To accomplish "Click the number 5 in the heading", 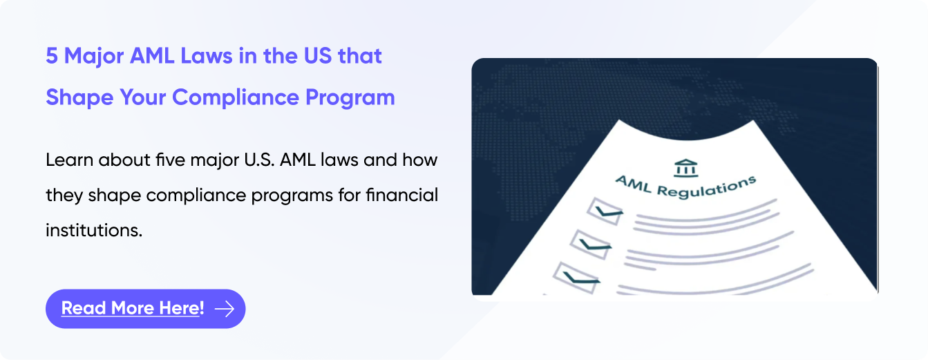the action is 52,56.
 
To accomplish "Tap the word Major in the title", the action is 94,57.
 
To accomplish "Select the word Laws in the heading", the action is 207,56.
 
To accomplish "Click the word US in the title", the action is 318,56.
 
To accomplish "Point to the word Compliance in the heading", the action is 236,98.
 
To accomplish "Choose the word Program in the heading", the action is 350,98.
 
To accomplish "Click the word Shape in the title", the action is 79,98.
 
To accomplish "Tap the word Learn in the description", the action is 69,160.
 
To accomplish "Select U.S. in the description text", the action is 259,160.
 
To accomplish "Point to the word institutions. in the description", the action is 94,230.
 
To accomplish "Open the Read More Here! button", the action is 145,309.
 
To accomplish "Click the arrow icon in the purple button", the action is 225,309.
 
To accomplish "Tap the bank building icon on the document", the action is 685,168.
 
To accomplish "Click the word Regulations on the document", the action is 706,188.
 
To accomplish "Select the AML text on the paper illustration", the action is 633,184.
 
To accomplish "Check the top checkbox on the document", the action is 605,211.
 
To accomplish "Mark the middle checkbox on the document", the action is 590,245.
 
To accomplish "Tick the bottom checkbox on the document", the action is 576,278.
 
